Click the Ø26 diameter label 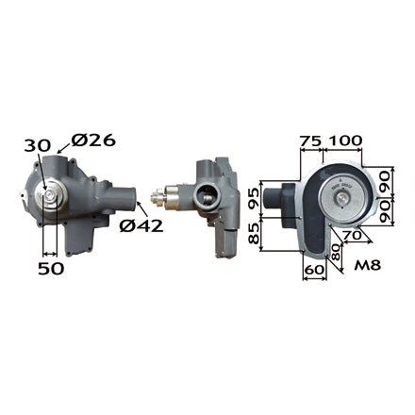tap(93, 141)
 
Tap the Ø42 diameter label tap(141, 225)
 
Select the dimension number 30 tap(38, 145)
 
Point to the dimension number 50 tap(51, 268)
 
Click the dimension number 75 tap(310, 141)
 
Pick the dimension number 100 tap(344, 141)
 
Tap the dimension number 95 tap(254, 197)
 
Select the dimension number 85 tap(254, 234)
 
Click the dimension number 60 tap(313, 269)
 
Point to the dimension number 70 tap(353, 235)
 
